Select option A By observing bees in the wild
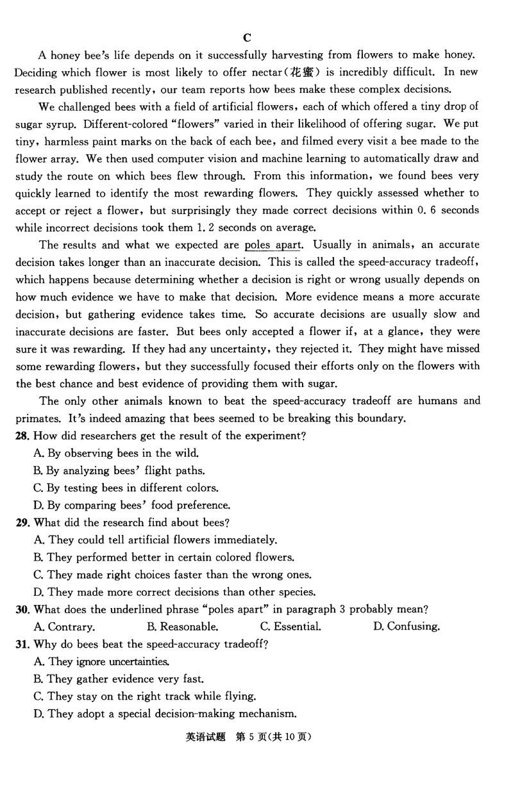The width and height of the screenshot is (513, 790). coord(112,453)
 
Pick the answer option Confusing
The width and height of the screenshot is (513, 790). coord(407,627)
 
